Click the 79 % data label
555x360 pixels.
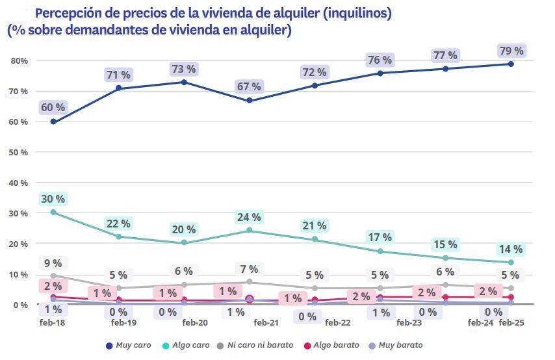(510, 51)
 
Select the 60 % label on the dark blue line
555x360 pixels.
(53, 107)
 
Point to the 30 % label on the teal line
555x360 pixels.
(53, 199)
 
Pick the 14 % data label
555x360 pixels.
(510, 249)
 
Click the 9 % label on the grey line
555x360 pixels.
(53, 263)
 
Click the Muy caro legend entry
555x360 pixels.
(127, 344)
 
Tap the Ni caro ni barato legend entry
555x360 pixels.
(259, 344)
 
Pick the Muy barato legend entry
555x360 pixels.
(400, 344)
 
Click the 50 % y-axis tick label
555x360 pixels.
(18, 152)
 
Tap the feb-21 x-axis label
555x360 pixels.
(266, 322)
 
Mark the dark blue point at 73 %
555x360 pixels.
(184, 83)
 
